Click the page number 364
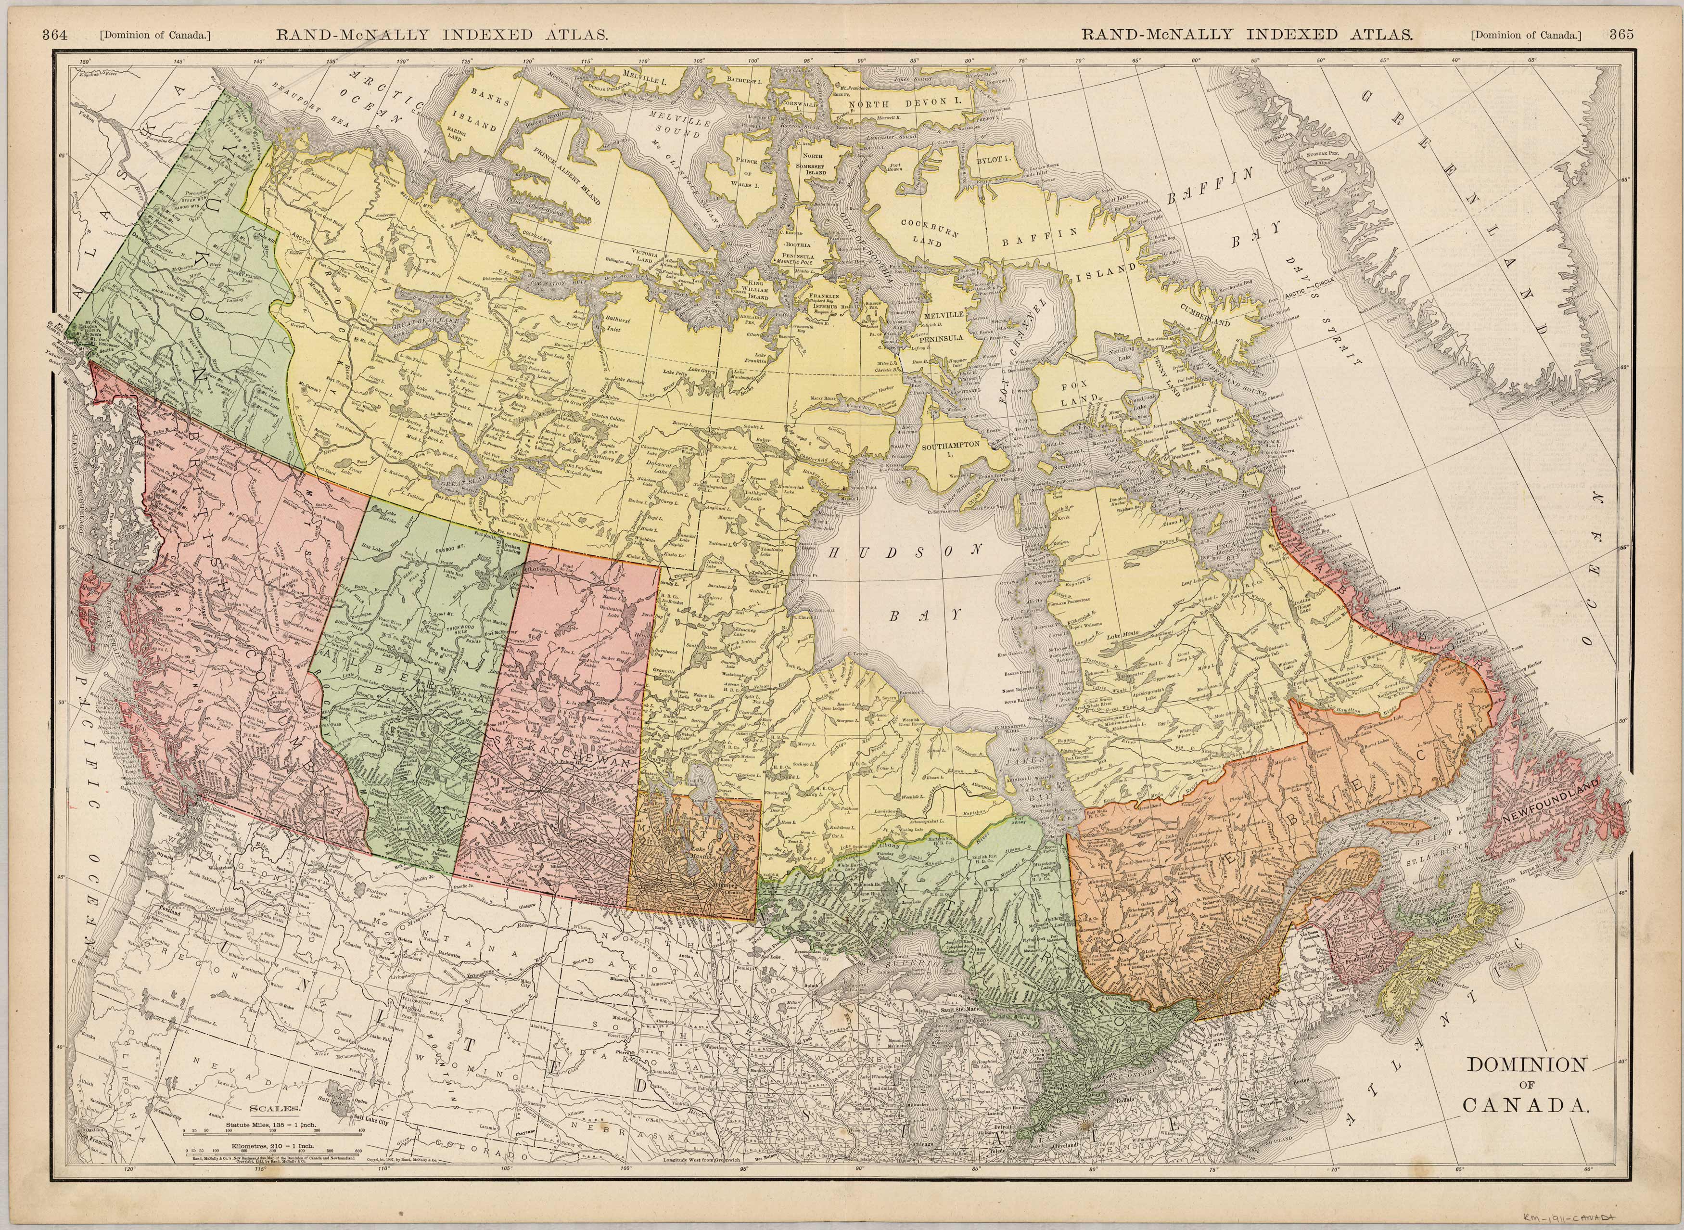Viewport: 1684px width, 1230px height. pyautogui.click(x=55, y=34)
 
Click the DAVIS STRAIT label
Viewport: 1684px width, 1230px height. pyautogui.click(x=1321, y=313)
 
